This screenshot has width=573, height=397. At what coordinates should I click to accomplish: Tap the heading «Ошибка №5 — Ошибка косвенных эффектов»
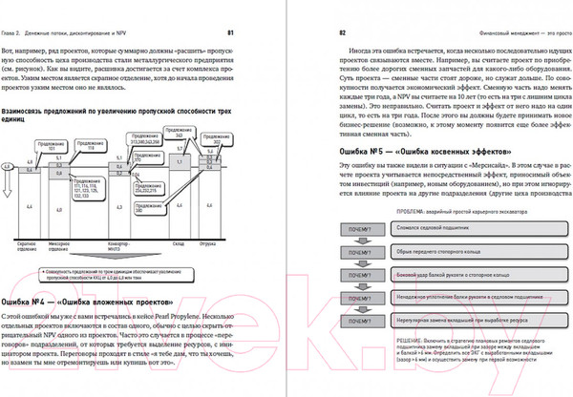[427, 153]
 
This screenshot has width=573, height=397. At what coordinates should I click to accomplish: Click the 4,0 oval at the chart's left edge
[9, 167]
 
